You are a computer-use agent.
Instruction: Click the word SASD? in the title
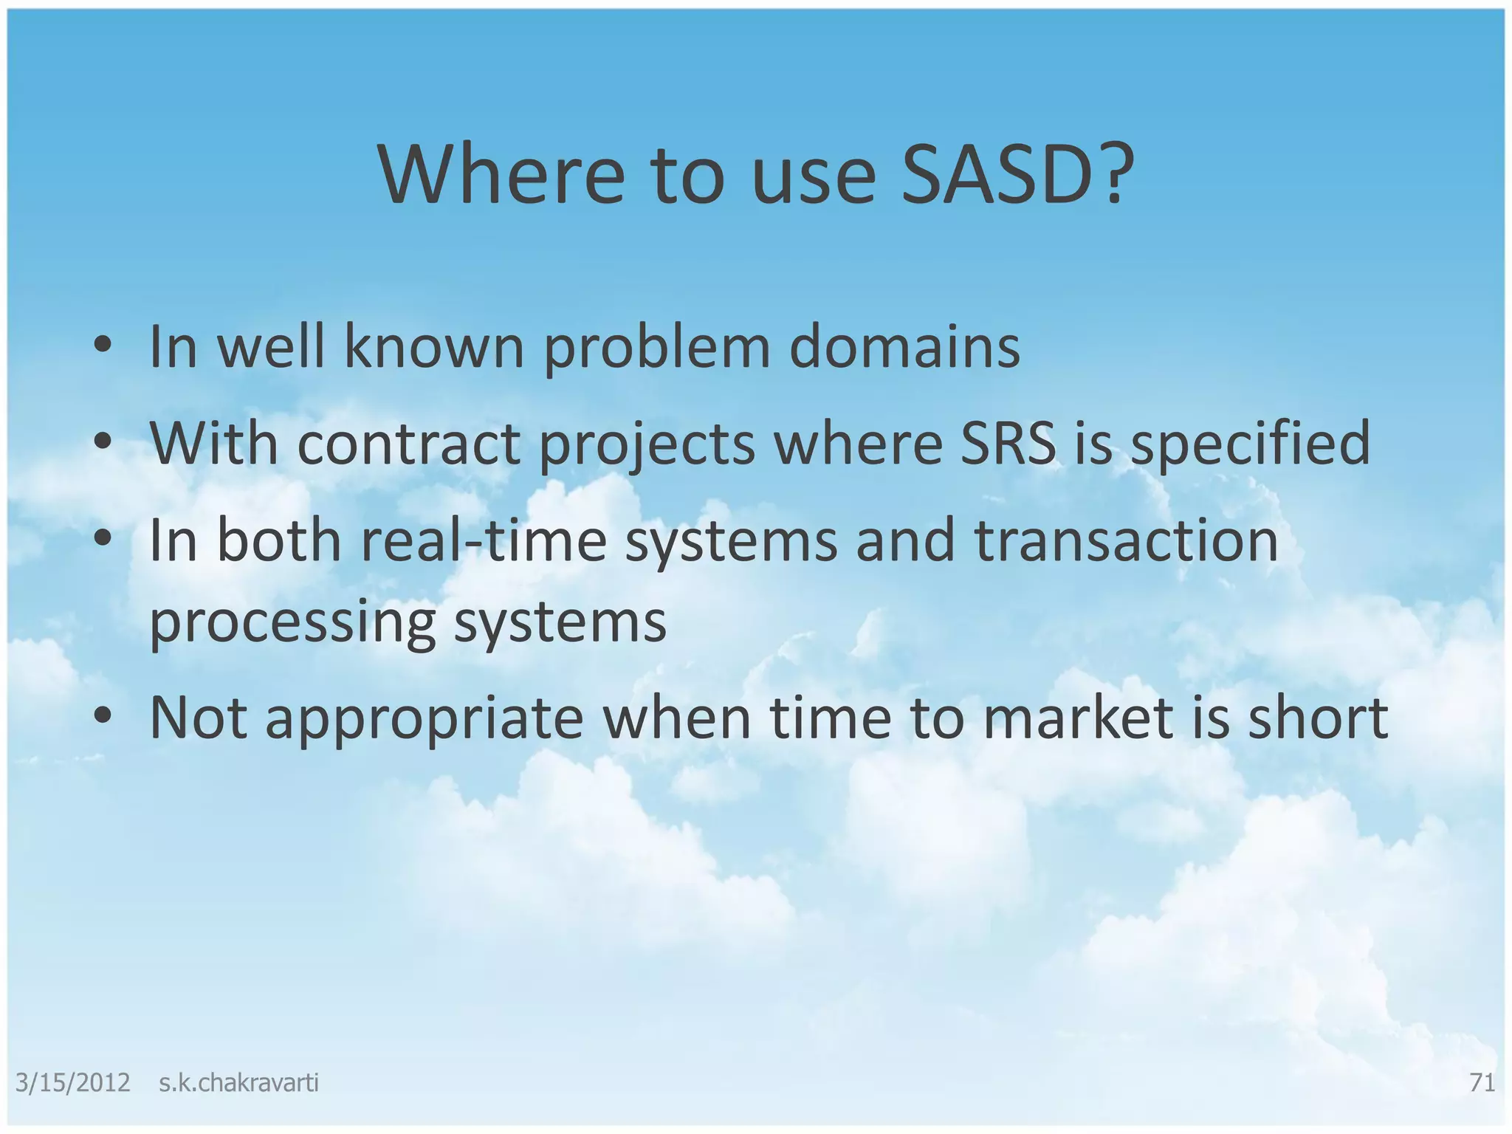pos(1017,176)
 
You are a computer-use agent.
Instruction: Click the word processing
pos(292,622)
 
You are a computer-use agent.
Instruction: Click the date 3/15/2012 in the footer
pos(72,1083)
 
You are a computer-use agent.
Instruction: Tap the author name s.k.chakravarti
pos(238,1083)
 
